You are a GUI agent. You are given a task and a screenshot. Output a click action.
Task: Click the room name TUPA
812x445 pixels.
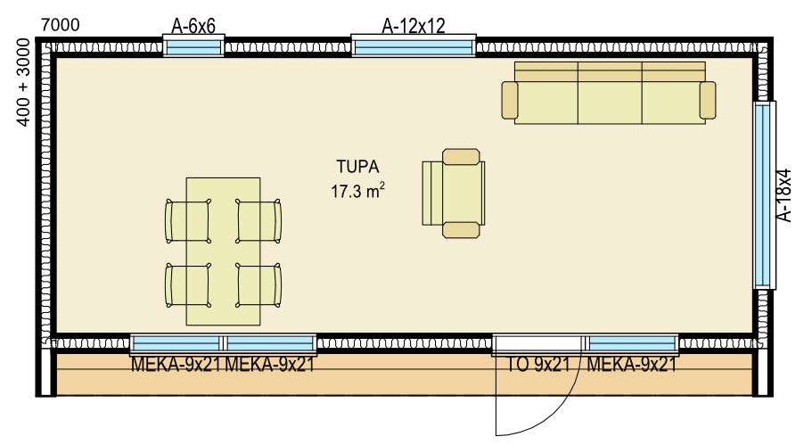(x=357, y=167)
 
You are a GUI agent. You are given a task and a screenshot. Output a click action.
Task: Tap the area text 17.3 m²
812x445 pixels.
(x=357, y=191)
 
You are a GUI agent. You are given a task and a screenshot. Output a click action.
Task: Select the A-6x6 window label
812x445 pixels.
(x=193, y=26)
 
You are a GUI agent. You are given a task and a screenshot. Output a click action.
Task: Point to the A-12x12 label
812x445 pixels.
(x=414, y=25)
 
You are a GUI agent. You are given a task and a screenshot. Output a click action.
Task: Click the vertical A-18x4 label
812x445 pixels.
(x=785, y=195)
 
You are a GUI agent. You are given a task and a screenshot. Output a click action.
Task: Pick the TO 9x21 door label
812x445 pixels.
(x=537, y=365)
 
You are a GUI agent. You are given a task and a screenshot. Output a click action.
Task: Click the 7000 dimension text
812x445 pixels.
(x=60, y=24)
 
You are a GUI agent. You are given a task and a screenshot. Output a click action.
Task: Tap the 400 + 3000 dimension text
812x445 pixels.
(x=24, y=82)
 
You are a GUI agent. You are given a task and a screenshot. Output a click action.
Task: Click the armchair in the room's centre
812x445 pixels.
(x=454, y=194)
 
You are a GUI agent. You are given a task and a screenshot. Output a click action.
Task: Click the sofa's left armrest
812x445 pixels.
(x=510, y=100)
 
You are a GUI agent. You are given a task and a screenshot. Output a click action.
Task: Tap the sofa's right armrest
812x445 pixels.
(x=708, y=100)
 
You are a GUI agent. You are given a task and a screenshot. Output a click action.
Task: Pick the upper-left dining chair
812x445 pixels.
(x=187, y=220)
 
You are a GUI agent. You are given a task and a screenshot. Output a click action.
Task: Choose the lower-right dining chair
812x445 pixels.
(x=258, y=285)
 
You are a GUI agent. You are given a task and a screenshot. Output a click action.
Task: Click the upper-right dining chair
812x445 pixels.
(x=258, y=220)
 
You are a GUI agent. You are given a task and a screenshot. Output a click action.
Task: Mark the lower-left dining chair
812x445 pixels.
(x=187, y=285)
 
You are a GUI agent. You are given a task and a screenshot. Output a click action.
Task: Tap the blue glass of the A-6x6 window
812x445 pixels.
(x=193, y=47)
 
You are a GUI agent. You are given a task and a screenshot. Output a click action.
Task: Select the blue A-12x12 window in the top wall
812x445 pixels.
(x=414, y=47)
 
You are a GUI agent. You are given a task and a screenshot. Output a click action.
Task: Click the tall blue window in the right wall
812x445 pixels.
(x=762, y=194)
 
